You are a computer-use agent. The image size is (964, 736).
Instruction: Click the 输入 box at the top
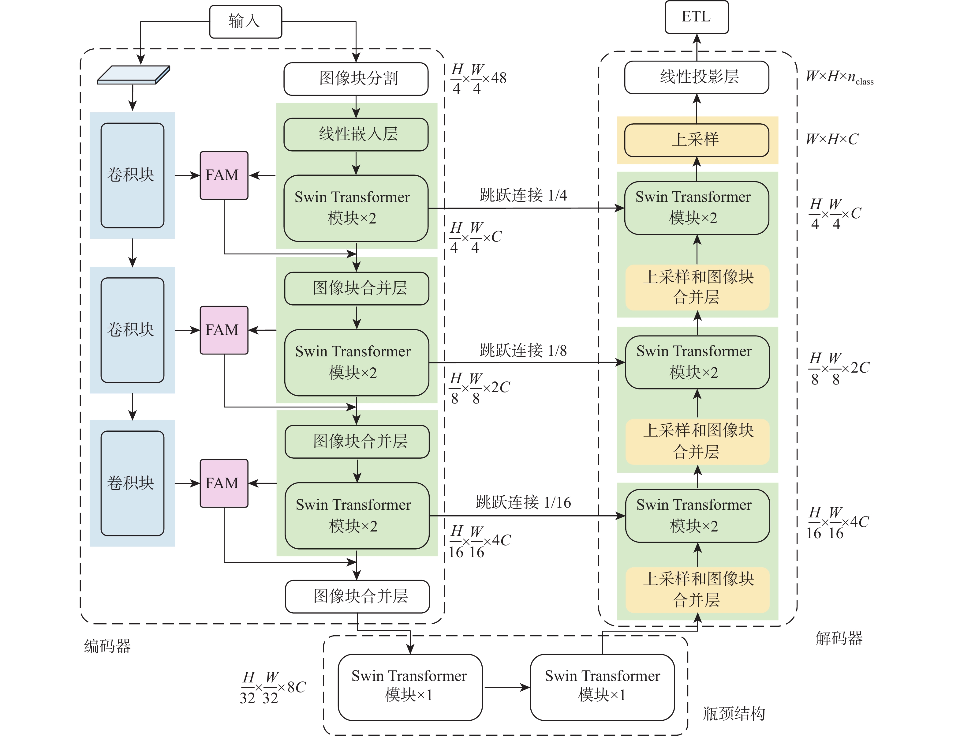pos(245,21)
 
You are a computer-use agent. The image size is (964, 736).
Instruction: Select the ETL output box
pos(697,17)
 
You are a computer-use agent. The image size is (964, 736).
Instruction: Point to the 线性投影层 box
pos(697,77)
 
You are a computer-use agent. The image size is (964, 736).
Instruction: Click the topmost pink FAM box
pos(224,175)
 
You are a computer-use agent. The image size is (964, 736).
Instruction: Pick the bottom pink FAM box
pos(224,483)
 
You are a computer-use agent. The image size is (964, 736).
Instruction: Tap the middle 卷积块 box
pos(132,330)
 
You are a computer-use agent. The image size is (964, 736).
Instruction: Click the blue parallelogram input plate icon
pos(133,75)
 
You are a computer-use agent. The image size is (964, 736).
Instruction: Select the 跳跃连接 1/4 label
pos(523,195)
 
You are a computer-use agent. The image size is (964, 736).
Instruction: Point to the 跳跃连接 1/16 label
pos(523,502)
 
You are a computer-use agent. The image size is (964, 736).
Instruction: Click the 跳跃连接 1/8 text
pos(523,351)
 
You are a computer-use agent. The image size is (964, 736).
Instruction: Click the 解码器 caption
pos(839,638)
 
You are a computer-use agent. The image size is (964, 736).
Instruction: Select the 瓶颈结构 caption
pos(734,714)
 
